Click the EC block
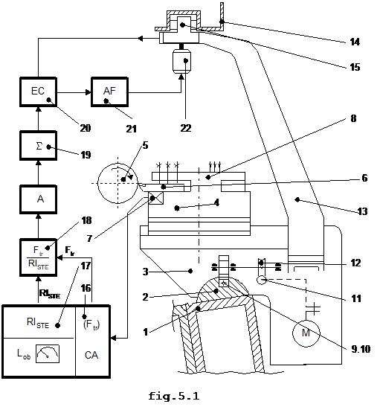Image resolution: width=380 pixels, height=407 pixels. pos(38,92)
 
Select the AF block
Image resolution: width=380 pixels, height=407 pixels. pos(109,92)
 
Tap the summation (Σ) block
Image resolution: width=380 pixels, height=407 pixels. pos(38,146)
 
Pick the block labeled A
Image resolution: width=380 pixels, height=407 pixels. pos(38,199)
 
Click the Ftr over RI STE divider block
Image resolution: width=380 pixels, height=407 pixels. pos(38,257)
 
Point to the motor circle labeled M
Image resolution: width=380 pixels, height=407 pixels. pos(306,333)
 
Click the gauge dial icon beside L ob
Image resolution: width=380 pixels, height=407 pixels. pos(48,353)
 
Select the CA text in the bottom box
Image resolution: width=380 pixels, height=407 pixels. pos(91,355)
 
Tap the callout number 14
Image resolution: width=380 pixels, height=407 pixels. pos(355,42)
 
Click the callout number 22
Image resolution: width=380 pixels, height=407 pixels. pos(186,128)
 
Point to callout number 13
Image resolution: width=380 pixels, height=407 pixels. pos(362,211)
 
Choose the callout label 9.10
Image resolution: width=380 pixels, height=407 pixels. pos(361,349)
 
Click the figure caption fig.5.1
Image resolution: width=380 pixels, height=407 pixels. pos(173,396)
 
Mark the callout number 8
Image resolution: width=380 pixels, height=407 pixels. pos(353,118)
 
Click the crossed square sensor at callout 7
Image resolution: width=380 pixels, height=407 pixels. pos(155,199)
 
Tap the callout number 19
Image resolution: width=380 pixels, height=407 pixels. pos(86,155)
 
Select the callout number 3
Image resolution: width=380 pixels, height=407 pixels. pos(146,272)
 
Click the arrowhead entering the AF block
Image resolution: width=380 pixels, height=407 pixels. pos(88,92)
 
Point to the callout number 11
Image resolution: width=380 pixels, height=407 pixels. pos(356,298)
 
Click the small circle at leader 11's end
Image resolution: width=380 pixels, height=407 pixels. pos(262,280)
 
